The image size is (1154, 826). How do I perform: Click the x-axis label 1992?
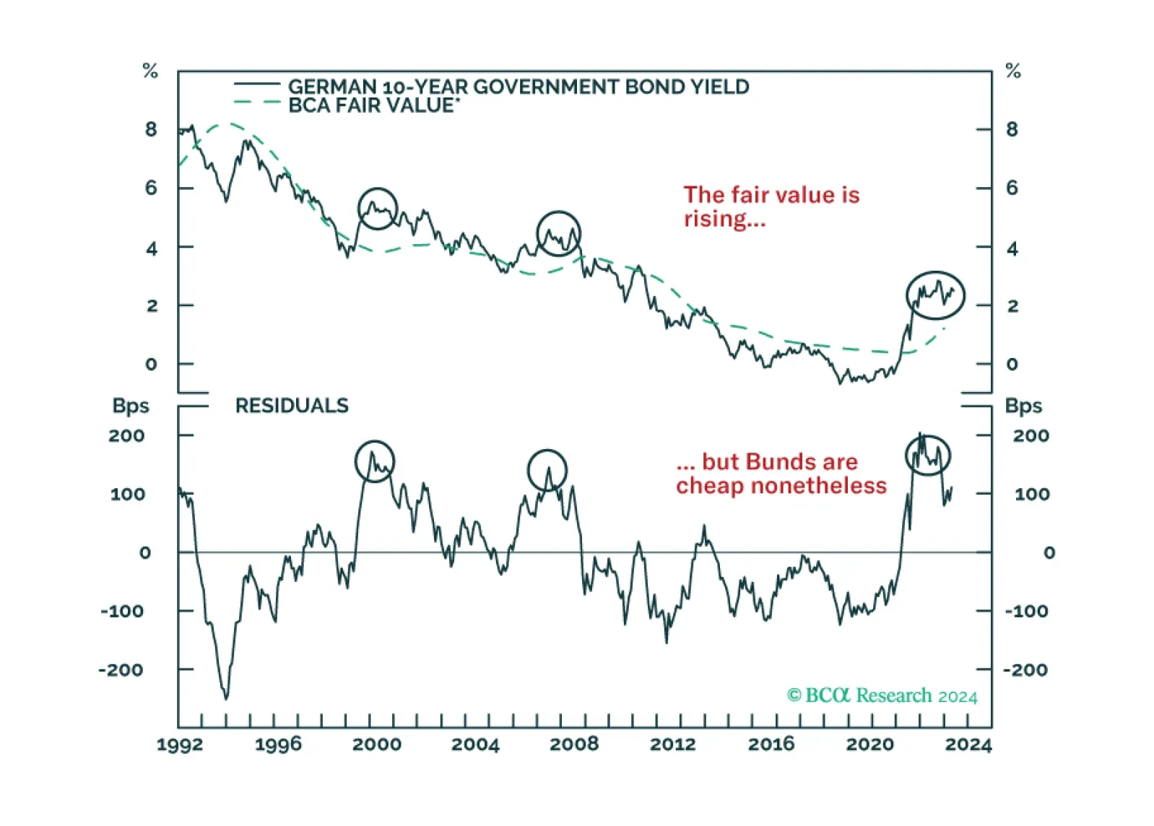180,744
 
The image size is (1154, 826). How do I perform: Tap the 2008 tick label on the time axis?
574,744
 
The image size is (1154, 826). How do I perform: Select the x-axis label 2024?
968,744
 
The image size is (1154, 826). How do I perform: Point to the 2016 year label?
771,744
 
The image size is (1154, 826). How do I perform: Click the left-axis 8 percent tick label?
150,129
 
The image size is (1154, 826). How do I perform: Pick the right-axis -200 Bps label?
1025,670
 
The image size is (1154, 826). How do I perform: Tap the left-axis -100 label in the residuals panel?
121,612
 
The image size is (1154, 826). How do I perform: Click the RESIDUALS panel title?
292,406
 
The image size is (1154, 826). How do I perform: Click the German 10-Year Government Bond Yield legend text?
519,87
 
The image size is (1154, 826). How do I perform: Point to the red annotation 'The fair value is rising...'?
771,206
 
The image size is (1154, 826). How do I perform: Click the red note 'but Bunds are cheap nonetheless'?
781,474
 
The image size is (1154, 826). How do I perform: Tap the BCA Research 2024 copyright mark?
882,696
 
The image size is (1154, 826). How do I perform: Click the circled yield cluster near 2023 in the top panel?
935,272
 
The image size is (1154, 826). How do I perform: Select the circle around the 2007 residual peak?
547,450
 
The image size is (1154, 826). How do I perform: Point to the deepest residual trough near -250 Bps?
226,697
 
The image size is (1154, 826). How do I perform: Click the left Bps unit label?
131,406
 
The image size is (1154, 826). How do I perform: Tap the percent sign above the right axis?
1013,71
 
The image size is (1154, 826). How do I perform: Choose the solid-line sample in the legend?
257,84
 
